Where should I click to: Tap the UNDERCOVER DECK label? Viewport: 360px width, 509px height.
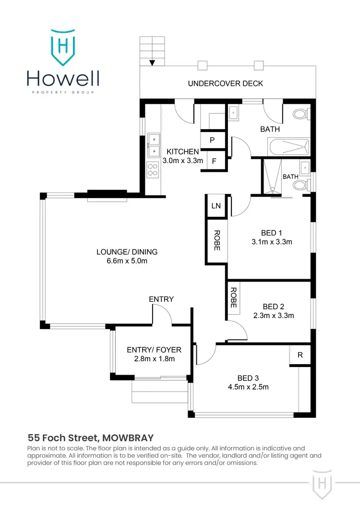(225, 83)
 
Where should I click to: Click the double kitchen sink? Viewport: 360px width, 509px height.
(154, 145)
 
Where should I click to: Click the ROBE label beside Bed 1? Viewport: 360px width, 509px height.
(216, 241)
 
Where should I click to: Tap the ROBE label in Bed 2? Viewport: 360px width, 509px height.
(233, 297)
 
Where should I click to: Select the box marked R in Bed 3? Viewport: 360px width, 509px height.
(300, 355)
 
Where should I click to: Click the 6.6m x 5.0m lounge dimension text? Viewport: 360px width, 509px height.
(127, 261)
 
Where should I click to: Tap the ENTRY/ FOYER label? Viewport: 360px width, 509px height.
(151, 349)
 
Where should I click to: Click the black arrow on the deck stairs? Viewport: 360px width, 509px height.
(152, 63)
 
